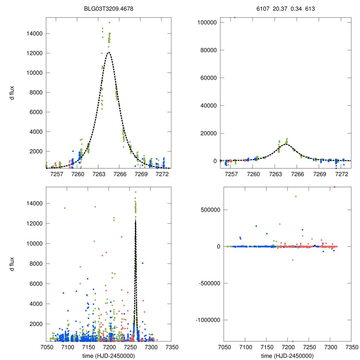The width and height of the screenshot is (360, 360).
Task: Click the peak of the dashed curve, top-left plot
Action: tap(109, 52)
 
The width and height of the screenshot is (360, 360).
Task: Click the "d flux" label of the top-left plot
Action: tap(12, 93)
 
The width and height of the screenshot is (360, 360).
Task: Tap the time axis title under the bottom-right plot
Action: tap(288, 355)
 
